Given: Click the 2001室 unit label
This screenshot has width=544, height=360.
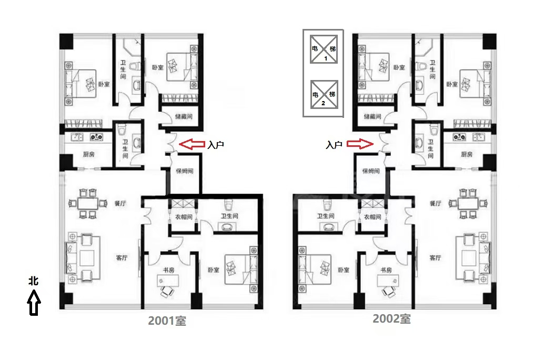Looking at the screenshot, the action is pos(167,321).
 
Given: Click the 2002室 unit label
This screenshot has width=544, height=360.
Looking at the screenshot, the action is pos(392,318).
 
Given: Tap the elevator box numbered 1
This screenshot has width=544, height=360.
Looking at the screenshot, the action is pos(324,49).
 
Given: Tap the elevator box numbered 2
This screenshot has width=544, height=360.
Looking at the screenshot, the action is pos(324,94).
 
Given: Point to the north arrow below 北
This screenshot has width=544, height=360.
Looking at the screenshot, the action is pos(34,303).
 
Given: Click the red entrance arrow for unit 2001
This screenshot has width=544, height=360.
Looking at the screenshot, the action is pos(192,144).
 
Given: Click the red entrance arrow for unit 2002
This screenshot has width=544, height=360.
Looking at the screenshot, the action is pos(360,144).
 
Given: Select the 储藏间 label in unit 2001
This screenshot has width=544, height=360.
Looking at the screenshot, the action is pos(184,117).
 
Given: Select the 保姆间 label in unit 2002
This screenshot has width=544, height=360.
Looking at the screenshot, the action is pos(371,171).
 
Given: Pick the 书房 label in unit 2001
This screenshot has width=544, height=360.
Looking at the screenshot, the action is pos(168,270).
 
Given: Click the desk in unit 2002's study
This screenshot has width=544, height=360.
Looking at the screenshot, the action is pos(388,281).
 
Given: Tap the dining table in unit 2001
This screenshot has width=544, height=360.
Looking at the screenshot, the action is pos(88,203).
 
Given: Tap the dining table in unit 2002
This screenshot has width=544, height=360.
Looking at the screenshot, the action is pos(468,204).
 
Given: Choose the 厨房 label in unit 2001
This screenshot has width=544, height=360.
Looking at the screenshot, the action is pos(88,154).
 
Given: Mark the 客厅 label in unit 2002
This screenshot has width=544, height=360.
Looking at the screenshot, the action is pos(435,257).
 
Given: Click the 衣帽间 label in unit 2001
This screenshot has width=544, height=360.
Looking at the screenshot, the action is pos(184,217).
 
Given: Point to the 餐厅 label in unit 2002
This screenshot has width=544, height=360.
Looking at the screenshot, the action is pos(436,204).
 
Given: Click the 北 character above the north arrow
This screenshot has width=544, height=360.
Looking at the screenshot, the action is pos(34,281).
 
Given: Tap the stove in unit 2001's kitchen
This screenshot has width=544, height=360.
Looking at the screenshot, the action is pos(96,137).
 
